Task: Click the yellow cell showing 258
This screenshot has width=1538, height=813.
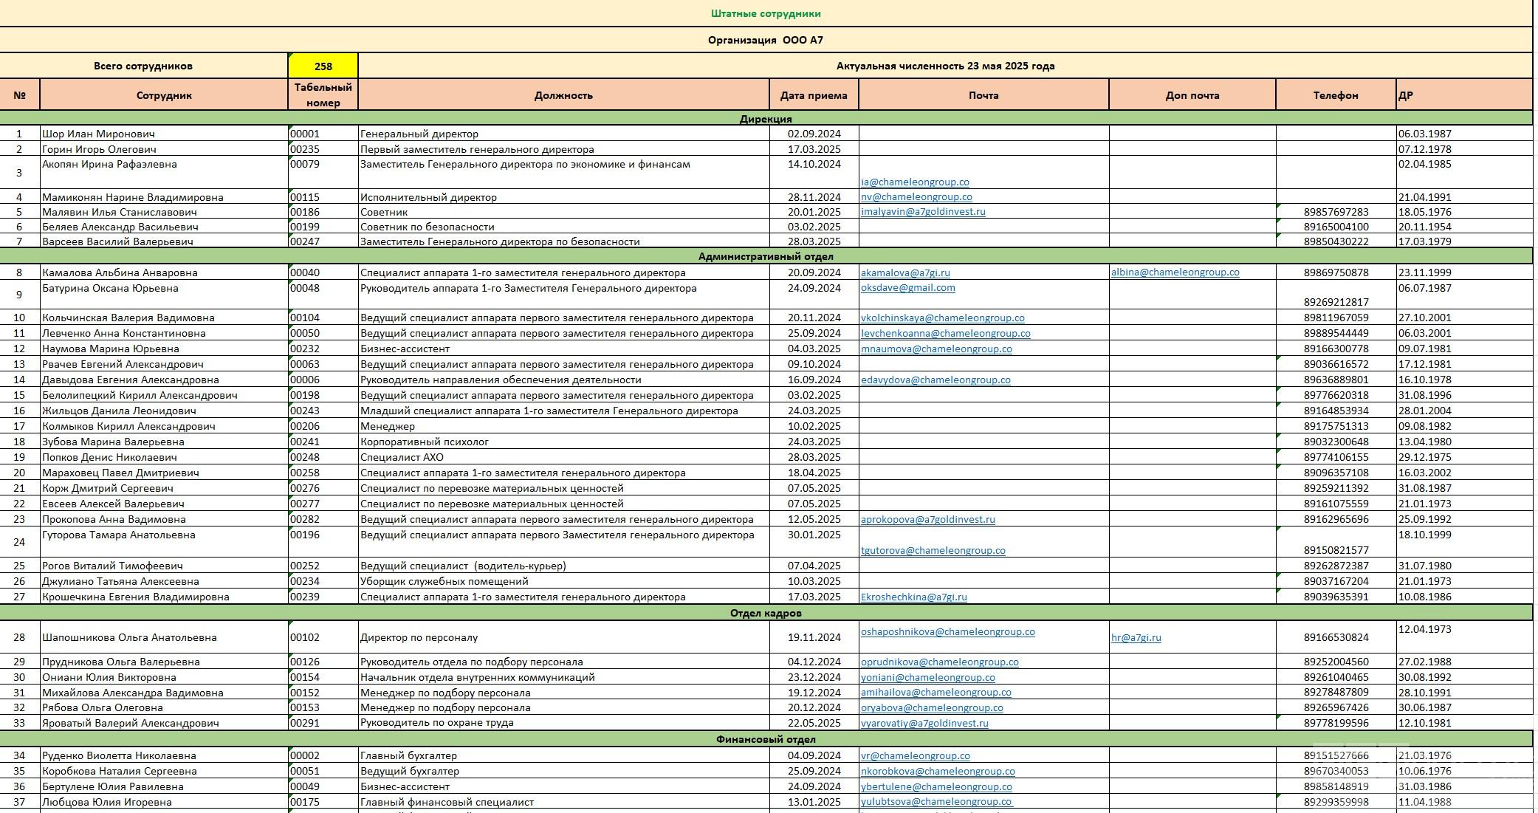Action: [323, 66]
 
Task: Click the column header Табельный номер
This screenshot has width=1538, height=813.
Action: [323, 95]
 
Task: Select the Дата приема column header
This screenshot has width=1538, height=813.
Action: [814, 95]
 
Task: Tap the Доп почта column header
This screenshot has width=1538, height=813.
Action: [1192, 95]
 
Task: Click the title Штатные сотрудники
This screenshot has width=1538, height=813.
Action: [766, 13]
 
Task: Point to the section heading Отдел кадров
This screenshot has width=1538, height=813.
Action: [766, 613]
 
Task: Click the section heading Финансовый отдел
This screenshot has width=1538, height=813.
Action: [766, 739]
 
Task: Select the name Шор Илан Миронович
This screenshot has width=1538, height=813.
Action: [98, 134]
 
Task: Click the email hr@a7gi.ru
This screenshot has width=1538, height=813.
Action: [1136, 637]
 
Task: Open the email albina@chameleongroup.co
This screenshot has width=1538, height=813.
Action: [1175, 272]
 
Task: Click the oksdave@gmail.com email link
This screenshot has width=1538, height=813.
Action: [907, 288]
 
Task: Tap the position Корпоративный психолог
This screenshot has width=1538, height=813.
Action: [424, 442]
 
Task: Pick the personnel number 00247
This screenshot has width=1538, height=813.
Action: [305, 241]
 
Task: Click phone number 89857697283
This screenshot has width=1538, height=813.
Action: [1336, 212]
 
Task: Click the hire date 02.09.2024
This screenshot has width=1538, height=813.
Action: [814, 134]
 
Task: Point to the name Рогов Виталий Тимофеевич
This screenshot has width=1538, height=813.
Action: [112, 566]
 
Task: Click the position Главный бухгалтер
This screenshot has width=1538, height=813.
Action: [408, 755]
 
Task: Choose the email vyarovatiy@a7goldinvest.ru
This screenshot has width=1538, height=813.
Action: [924, 723]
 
